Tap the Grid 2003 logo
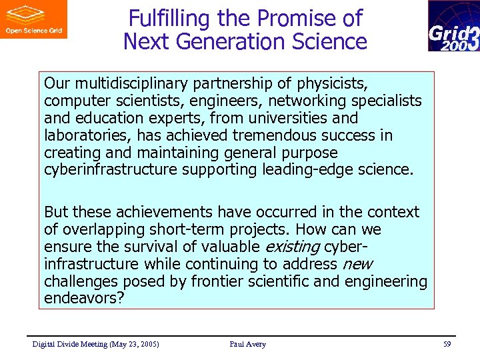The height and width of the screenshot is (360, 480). coord(453,26)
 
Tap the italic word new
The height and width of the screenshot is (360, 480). coord(357,264)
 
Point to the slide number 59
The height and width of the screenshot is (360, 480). coord(447,344)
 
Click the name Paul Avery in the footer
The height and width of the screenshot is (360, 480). coord(247,344)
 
